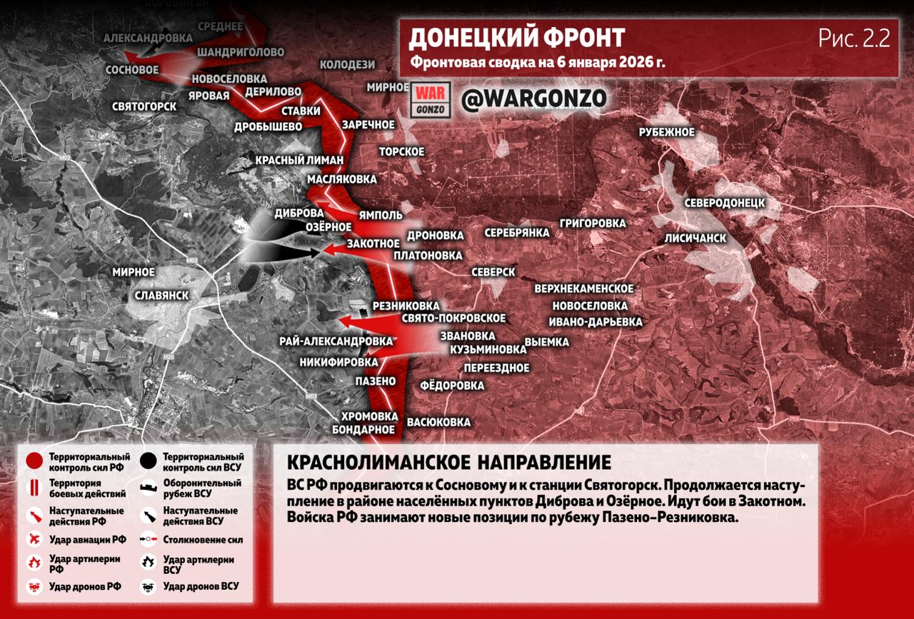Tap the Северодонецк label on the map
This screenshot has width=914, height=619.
click(724, 203)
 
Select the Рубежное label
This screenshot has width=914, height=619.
click(666, 132)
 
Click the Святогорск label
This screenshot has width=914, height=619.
click(144, 106)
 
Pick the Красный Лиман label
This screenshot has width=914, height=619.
click(300, 160)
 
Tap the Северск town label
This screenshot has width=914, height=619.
click(493, 273)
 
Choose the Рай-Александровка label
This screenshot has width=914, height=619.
click(336, 341)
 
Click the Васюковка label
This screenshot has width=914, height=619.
click(438, 422)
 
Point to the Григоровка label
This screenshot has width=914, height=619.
click(593, 223)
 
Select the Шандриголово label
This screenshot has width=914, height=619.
click(240, 53)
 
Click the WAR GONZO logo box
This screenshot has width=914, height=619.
click(431, 100)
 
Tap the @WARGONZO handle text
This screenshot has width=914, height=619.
click(533, 99)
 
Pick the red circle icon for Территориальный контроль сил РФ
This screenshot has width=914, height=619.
click(34, 461)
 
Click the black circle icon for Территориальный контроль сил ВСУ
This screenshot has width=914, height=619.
click(149, 461)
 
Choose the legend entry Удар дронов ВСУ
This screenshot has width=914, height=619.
click(201, 587)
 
